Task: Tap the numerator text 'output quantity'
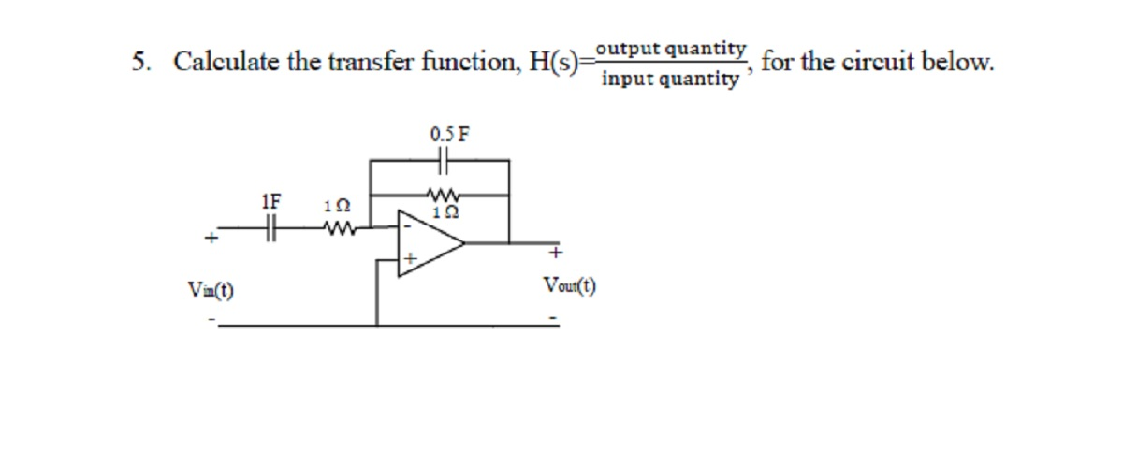pos(671,48)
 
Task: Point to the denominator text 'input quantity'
pos(669,79)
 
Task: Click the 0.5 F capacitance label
pos(449,133)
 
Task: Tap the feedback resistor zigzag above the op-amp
pos(440,196)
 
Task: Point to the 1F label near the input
pos(271,201)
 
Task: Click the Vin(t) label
pos(211,289)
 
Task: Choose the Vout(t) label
pos(569,286)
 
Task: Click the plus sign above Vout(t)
pos(554,254)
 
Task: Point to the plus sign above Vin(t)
pos(212,240)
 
